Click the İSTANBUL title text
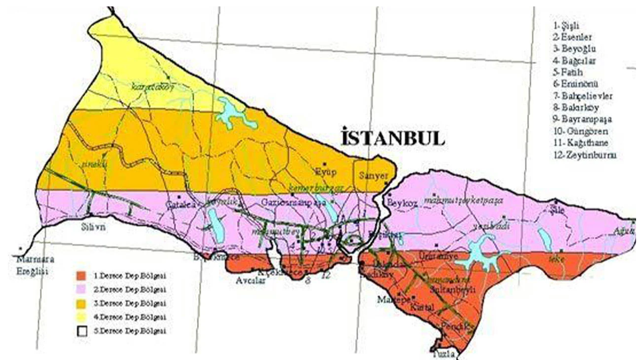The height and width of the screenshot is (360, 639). click(x=392, y=138)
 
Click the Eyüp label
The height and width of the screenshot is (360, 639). click(x=326, y=172)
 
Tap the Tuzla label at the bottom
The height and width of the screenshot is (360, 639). click(x=443, y=354)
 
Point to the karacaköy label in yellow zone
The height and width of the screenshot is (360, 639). click(x=148, y=87)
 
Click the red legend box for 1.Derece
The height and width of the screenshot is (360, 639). click(x=82, y=275)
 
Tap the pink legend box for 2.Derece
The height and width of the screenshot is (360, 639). click(x=82, y=289)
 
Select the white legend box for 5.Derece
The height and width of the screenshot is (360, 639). click(x=82, y=330)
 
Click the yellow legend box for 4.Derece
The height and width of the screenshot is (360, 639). click(x=82, y=317)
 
